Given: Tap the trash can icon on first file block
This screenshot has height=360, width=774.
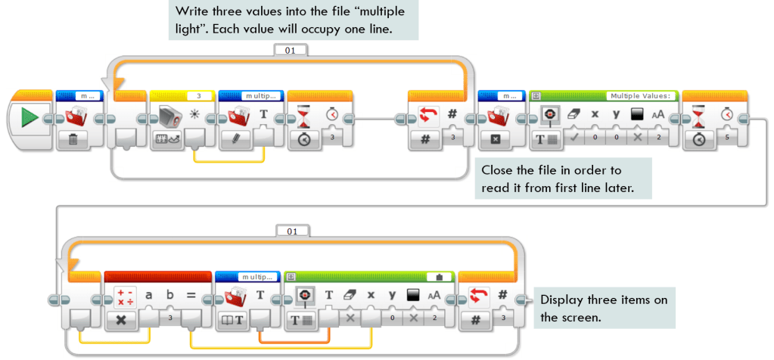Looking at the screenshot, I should [76, 138].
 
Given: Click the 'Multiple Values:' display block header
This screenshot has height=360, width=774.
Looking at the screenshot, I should [641, 96].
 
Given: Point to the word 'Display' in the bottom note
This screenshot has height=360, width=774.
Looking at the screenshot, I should [561, 300].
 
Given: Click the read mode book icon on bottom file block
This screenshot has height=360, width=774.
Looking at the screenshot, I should [232, 319].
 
